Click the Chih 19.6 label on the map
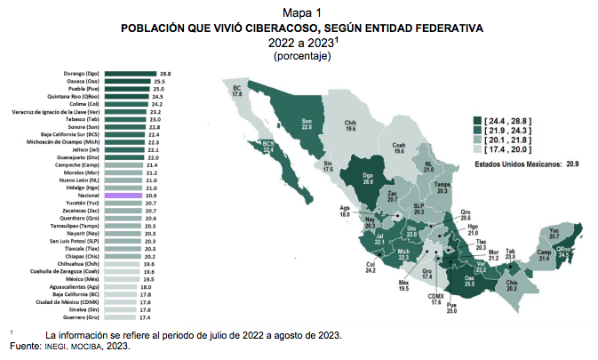click(350, 125)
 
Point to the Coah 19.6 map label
click(399, 148)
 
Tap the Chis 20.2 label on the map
click(511, 284)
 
